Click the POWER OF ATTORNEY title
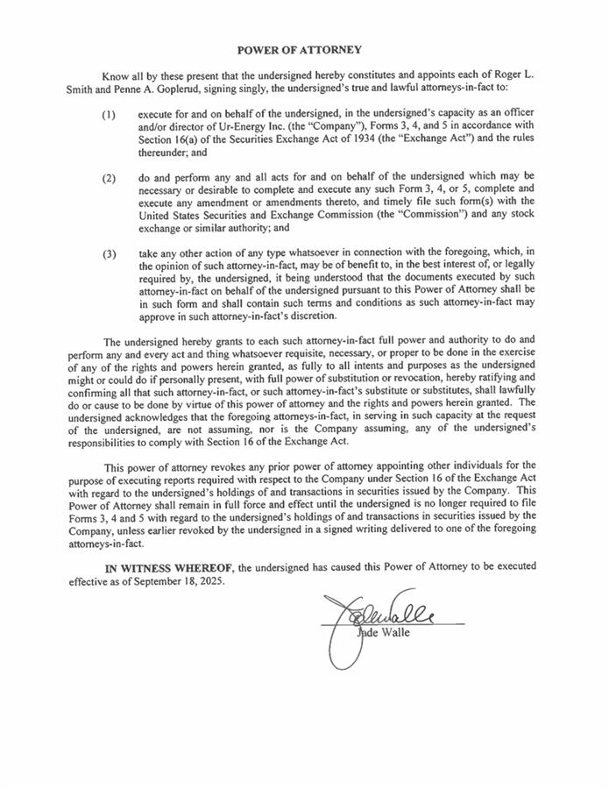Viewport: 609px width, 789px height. [301, 50]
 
